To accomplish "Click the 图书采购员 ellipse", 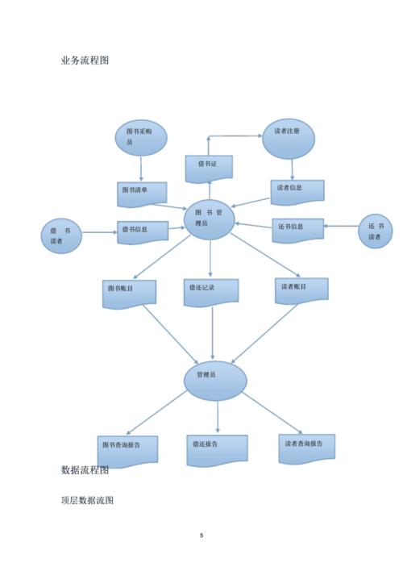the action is coord(141,138).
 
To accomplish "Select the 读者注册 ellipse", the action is coord(289,139).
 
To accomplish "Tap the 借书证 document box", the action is coord(209,169).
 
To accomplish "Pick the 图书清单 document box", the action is coord(142,194).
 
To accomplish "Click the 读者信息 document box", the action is coord(297,192).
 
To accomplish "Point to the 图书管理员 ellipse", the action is coord(210,219).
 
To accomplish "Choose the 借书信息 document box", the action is coord(143,232).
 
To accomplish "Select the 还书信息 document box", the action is coord(297,230).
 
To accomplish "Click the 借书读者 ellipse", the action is coord(61,236).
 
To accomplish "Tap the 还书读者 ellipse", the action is coord(376,231).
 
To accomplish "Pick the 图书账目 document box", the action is coord(129,294).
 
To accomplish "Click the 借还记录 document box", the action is coord(211,293).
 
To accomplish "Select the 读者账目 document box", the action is coord(301,290).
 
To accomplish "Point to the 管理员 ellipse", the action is coord(215,381).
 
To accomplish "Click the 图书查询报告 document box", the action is coord(127,452).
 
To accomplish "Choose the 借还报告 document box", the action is coord(218,451).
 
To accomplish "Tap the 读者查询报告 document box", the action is coord(307,449).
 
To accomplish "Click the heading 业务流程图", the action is coord(85,60).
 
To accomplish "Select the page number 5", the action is coord(201,535).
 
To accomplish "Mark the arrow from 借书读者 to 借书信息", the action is coord(99,232).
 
